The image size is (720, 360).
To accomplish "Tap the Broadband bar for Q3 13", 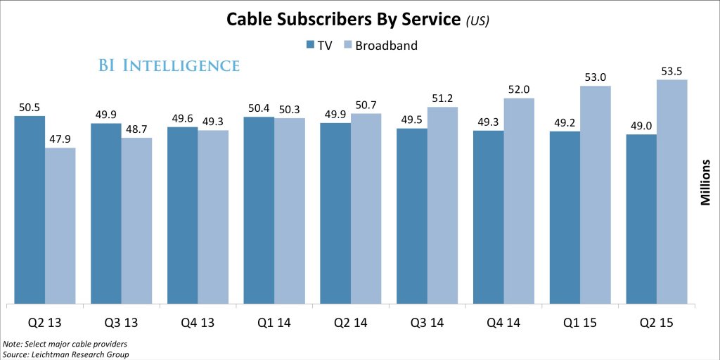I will (136, 221).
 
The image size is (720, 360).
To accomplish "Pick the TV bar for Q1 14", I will (259, 210).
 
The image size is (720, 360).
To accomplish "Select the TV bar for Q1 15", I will (565, 217).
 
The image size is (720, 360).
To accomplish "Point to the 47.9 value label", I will (60, 139).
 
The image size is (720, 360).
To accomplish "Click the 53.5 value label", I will (671, 70).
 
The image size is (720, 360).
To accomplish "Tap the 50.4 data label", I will (259, 108).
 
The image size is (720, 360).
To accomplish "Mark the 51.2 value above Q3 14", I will (442, 98).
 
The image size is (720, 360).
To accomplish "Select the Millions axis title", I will (705, 182).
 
